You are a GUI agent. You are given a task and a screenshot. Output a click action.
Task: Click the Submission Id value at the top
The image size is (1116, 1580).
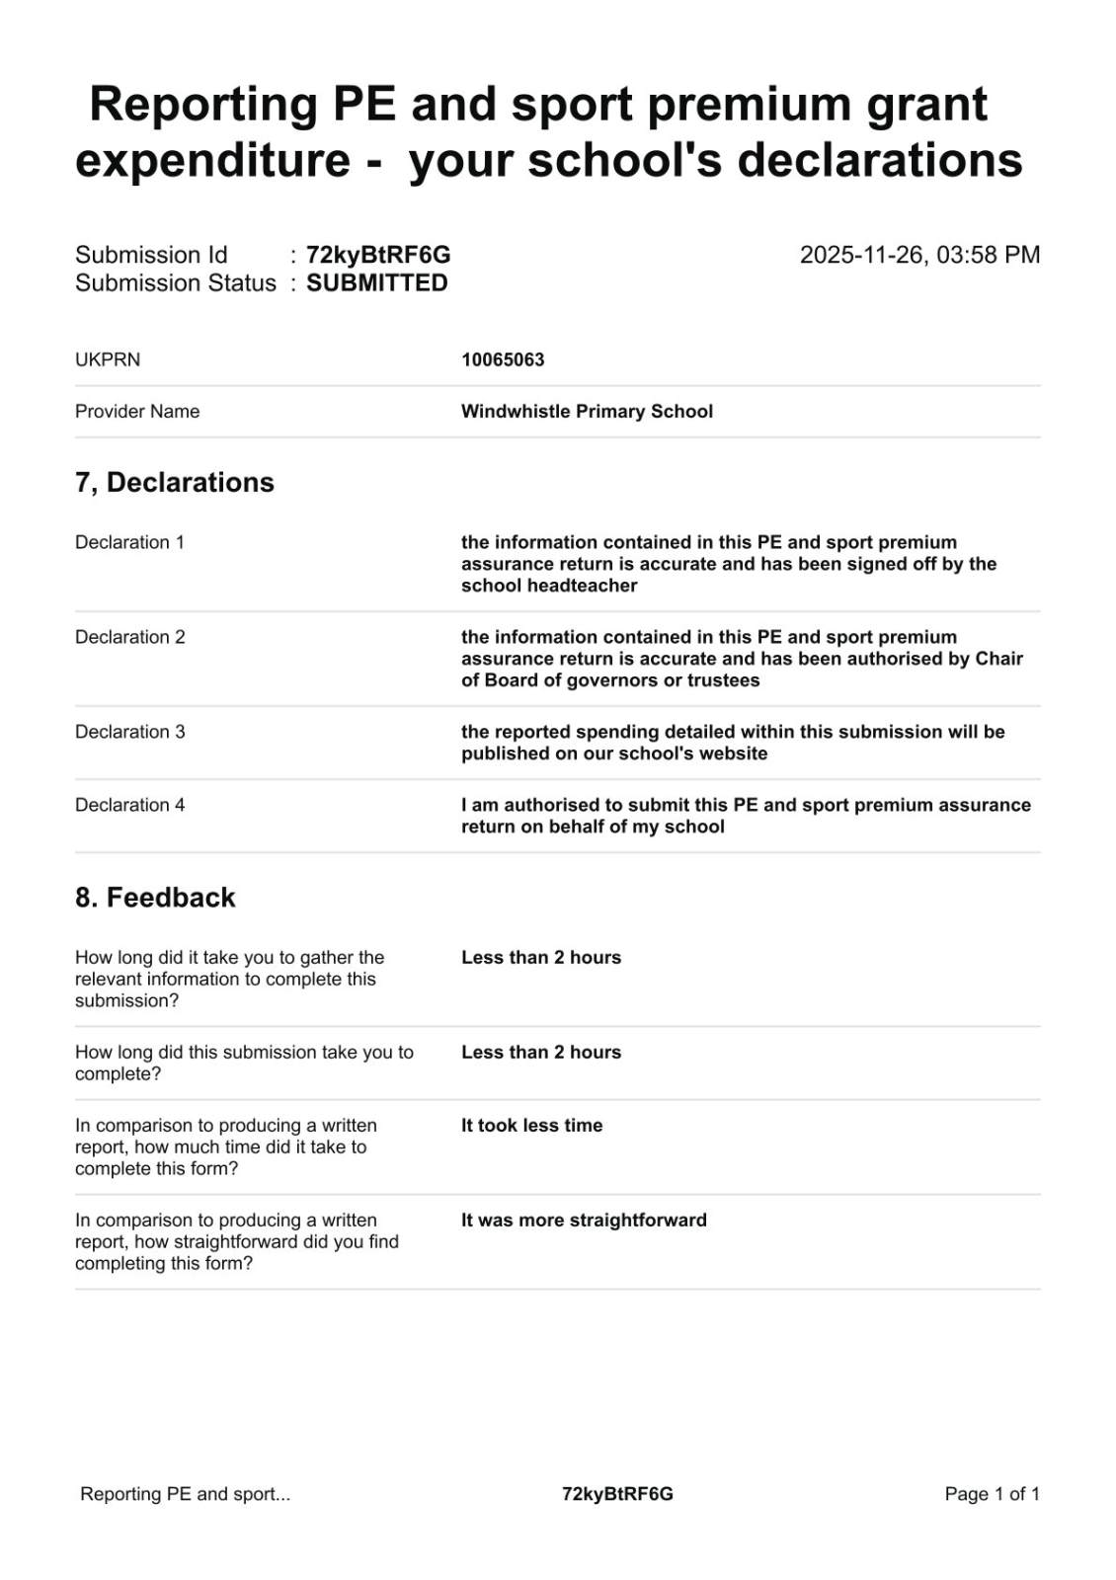pyautogui.click(x=378, y=255)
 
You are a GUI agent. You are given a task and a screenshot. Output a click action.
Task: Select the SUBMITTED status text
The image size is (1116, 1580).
pyautogui.click(x=376, y=283)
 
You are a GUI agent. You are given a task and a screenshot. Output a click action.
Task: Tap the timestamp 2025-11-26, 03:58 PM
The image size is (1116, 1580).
pyautogui.click(x=919, y=255)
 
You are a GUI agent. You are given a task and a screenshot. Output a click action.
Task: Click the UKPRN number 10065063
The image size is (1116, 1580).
pyautogui.click(x=503, y=359)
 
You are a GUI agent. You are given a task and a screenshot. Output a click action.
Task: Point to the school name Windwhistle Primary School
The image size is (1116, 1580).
pyautogui.click(x=587, y=411)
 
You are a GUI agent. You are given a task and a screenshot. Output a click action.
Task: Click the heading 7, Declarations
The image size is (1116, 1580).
pyautogui.click(x=175, y=482)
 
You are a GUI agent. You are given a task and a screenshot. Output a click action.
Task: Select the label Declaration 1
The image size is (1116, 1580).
pyautogui.click(x=129, y=542)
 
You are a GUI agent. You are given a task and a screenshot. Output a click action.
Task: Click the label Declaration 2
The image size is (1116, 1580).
pyautogui.click(x=129, y=637)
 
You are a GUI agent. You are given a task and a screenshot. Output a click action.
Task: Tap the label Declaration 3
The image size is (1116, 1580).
pyautogui.click(x=129, y=732)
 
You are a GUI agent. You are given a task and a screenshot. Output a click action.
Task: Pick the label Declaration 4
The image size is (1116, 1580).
pyautogui.click(x=129, y=805)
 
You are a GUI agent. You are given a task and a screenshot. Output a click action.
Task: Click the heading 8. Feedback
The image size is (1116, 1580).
pyautogui.click(x=155, y=897)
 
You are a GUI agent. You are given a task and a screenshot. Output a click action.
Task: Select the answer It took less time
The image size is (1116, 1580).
pyautogui.click(x=531, y=1125)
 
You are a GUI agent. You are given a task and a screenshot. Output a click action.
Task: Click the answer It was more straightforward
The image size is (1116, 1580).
pyautogui.click(x=584, y=1220)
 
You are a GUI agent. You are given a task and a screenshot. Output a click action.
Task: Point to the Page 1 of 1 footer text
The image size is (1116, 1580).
pyautogui.click(x=992, y=1494)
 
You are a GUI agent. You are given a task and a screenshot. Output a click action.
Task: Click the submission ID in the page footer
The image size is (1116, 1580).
pyautogui.click(x=617, y=1494)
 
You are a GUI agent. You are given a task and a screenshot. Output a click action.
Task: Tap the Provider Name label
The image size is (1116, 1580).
pyautogui.click(x=137, y=411)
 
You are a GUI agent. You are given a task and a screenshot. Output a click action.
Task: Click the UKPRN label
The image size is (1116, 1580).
pyautogui.click(x=108, y=359)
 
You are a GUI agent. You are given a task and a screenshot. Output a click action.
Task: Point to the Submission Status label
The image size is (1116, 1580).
pyautogui.click(x=176, y=283)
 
